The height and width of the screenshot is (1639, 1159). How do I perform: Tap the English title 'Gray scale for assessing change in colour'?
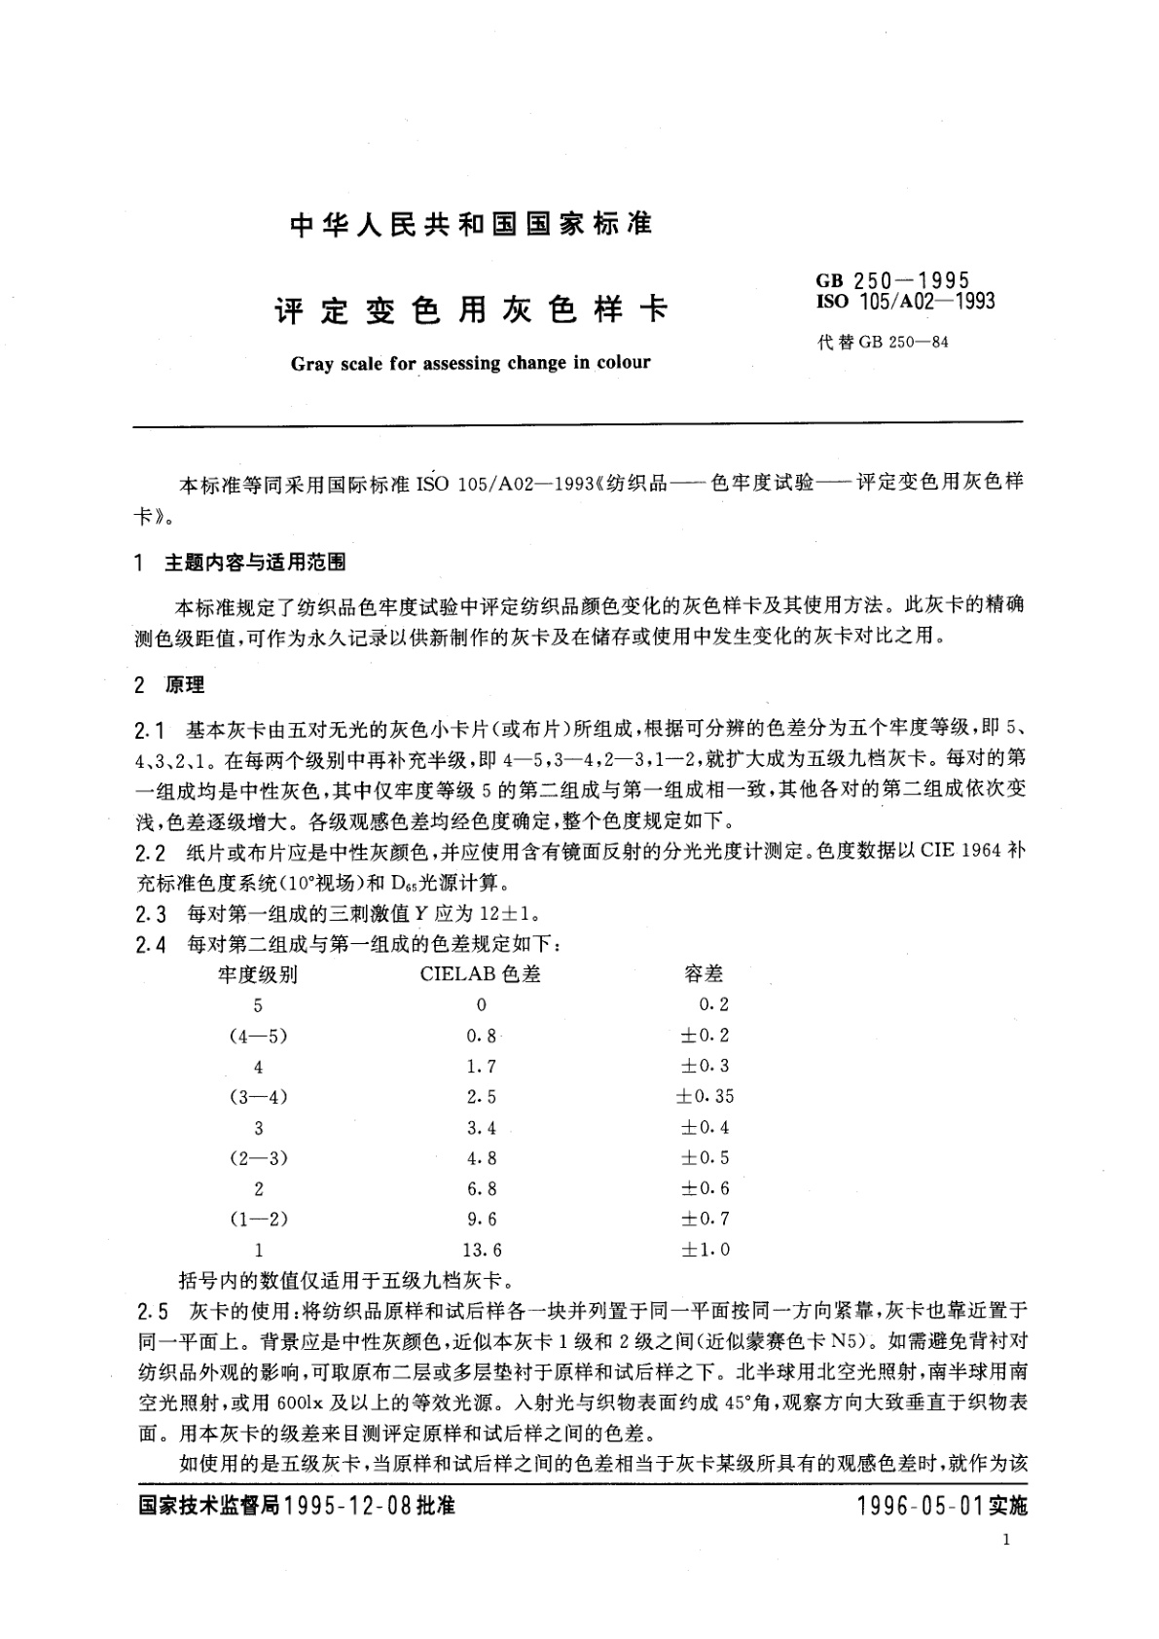pos(470,363)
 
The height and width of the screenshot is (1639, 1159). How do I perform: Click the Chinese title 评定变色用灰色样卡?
pos(471,310)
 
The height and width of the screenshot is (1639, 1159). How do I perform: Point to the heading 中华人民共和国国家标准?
pos(471,225)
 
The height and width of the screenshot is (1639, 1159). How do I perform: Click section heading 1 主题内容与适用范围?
pos(240,563)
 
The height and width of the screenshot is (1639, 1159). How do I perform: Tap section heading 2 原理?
pos(170,685)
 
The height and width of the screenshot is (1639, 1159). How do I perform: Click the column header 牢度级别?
pos(258,974)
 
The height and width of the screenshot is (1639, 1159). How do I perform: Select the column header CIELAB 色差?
pos(481,974)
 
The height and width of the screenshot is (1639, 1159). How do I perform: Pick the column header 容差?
pos(705,974)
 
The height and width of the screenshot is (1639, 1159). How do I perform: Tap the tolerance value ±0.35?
pos(706,1097)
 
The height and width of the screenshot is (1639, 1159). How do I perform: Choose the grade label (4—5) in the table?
pos(258,1036)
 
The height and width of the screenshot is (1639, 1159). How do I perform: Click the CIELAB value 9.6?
pos(482,1219)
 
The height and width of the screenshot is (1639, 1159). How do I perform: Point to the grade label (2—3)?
pos(258,1158)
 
